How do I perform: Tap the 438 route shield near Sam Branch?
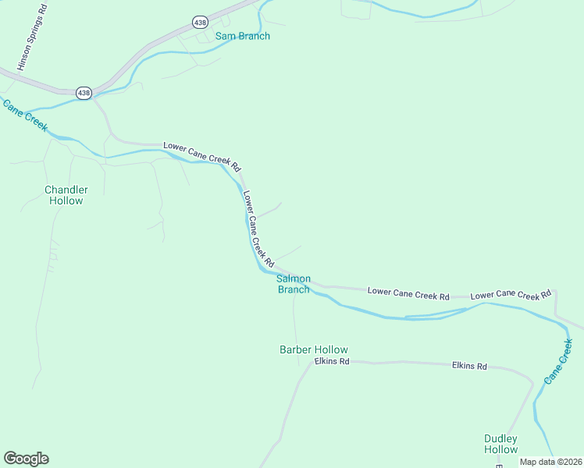[x=201, y=23]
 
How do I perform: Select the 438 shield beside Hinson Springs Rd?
[x=84, y=93]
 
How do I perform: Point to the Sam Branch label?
[x=242, y=36]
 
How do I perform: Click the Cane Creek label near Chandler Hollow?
[x=25, y=116]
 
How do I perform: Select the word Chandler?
[x=66, y=190]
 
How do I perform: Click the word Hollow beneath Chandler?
[x=66, y=200]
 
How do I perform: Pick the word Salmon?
[x=294, y=278]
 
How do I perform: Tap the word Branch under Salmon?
[x=294, y=289]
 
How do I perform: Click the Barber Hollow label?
[x=314, y=349]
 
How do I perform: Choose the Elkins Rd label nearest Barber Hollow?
[x=332, y=361]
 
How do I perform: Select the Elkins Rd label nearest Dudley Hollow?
[x=469, y=365]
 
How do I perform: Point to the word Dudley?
[x=500, y=438]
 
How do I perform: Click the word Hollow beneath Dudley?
[x=500, y=449]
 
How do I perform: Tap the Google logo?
[x=26, y=459]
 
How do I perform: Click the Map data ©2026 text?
[x=550, y=462]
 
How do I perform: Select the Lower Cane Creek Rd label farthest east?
[x=511, y=295]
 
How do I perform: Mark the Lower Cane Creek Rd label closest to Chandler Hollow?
[x=201, y=156]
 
